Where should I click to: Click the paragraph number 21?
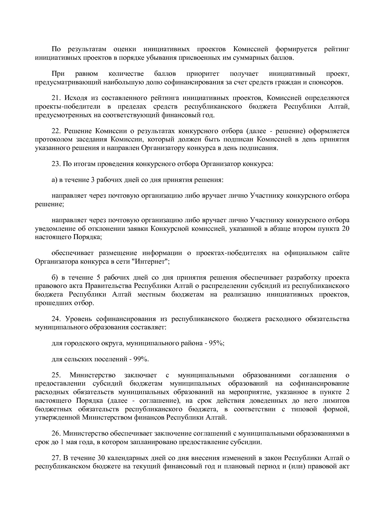tap(56, 98)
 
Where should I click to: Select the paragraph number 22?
tap(56, 131)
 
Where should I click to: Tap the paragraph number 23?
tap(56, 164)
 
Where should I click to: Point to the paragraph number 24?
tap(56, 319)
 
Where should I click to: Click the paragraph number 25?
tap(56, 375)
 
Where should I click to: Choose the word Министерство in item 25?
tap(92, 375)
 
